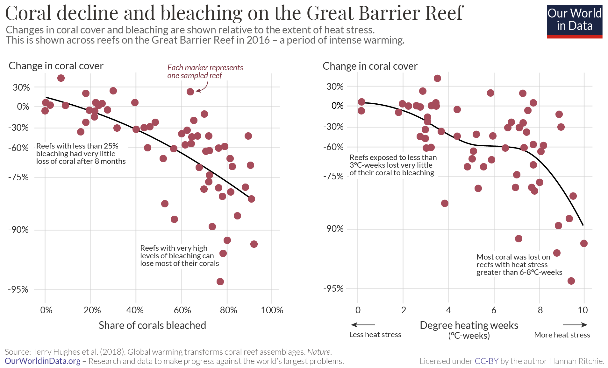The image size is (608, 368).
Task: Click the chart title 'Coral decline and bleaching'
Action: pos(234,13)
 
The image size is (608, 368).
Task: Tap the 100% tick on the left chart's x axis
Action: pos(272,310)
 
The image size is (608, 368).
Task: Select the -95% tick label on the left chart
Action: pos(18,289)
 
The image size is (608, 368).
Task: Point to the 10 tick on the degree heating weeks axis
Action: pos(583,310)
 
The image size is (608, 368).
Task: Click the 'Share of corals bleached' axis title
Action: pos(152,325)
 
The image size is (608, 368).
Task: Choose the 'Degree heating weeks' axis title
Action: pos(469,325)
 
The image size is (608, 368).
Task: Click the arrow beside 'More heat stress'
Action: pos(575,325)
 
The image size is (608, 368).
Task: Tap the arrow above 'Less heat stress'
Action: pos(363,325)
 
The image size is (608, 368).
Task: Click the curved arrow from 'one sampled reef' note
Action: pos(203,87)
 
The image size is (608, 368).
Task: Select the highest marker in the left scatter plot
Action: pos(61,78)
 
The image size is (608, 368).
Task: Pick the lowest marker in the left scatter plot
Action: pos(220,281)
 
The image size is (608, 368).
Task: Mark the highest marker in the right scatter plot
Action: pos(437,78)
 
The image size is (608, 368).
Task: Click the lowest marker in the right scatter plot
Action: pos(571,281)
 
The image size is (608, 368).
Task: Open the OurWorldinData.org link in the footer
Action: pos(42,361)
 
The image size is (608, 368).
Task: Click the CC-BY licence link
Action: pos(486,361)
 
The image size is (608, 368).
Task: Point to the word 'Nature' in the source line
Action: pos(319,352)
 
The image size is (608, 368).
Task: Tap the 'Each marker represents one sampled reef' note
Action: pos(205,72)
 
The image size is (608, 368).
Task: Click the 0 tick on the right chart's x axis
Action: pos(358,310)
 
